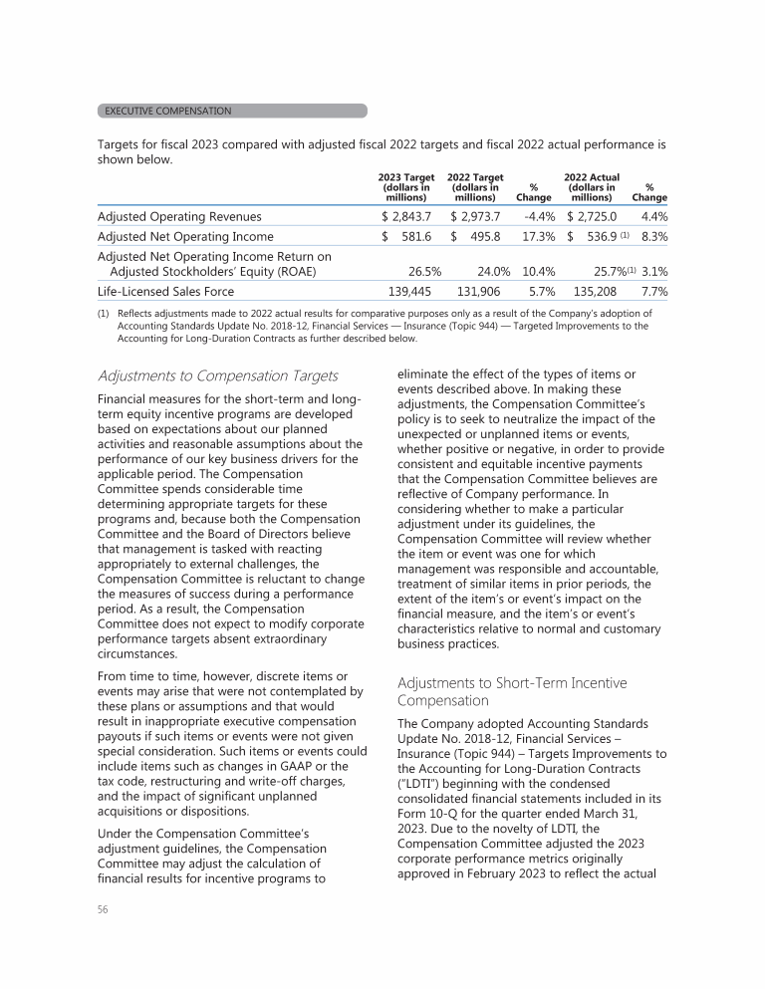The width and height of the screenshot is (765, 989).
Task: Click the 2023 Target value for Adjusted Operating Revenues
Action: (408, 216)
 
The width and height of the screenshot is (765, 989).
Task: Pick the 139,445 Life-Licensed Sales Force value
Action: (410, 292)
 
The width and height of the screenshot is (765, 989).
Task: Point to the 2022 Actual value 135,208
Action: (594, 292)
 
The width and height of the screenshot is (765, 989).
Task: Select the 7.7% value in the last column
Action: (652, 292)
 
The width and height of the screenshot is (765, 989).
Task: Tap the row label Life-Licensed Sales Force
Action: (165, 292)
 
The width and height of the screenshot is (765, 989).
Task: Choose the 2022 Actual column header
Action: (591, 186)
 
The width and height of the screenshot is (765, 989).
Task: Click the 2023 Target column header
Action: (408, 186)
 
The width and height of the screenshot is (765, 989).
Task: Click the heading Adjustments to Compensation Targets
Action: (218, 375)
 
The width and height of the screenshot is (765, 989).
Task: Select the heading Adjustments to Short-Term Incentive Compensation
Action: (512, 693)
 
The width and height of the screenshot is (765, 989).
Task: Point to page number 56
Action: (104, 910)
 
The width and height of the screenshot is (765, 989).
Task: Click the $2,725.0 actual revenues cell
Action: (592, 216)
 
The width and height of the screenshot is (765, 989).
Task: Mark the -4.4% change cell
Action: (538, 216)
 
